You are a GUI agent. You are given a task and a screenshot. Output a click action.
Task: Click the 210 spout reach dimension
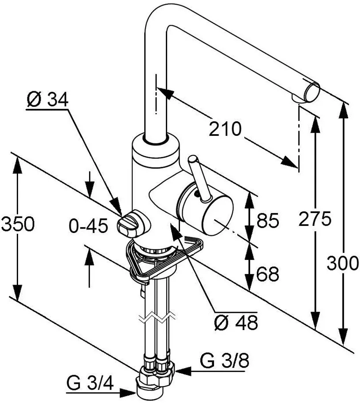[225, 129]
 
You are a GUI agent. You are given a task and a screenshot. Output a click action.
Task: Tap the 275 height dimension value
[315, 219]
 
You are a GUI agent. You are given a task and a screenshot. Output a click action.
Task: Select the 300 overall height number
[343, 263]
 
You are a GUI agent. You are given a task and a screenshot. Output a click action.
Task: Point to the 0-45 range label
[88, 227]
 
